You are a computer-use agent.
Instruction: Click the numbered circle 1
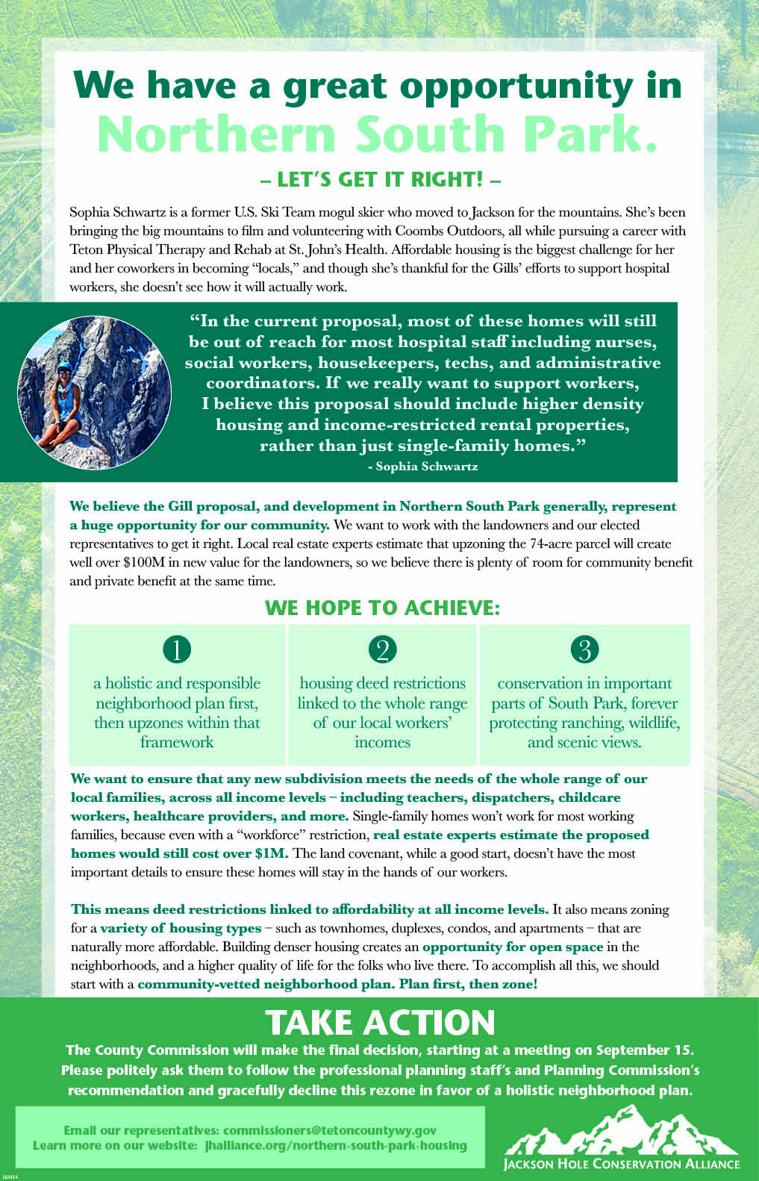pos(177,649)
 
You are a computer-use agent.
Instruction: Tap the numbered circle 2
pos(382,649)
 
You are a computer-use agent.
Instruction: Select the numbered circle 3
pos(584,649)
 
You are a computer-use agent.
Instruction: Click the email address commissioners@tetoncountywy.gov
pos(329,1131)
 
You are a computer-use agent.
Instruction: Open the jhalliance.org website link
pos(336,1145)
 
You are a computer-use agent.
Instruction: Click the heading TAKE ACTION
pos(380,1022)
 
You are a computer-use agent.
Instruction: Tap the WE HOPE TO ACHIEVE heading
pos(382,608)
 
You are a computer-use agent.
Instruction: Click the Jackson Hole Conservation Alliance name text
pos(621,1163)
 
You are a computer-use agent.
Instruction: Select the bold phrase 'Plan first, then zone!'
pos(468,984)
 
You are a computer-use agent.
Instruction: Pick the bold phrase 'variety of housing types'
pos(181,928)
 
